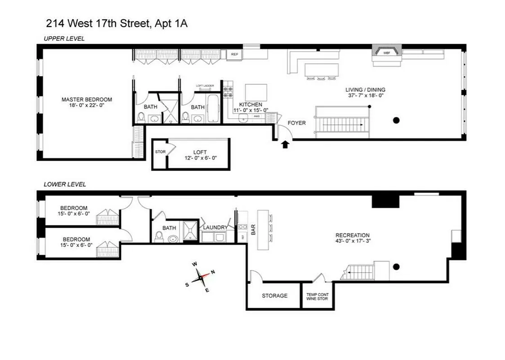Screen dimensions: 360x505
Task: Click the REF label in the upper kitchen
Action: tap(234, 54)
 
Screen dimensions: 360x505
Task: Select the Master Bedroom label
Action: tap(87, 99)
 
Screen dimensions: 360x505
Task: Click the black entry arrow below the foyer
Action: tap(285, 144)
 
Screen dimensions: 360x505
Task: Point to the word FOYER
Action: tap(297, 123)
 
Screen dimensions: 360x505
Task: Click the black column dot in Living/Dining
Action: tap(396, 120)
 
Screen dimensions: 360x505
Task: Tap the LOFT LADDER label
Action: tap(205, 85)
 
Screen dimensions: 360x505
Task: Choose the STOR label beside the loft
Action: tap(160, 152)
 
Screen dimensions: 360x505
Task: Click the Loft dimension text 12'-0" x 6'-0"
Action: tap(199, 158)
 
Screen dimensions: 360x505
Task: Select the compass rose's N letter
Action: tap(213, 272)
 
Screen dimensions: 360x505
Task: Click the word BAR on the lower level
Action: tap(253, 230)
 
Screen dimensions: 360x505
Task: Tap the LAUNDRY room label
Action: tap(215, 227)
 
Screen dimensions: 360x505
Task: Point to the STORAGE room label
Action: tap(274, 296)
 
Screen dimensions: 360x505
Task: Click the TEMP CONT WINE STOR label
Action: tap(317, 296)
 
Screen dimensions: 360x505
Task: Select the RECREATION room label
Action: tap(353, 235)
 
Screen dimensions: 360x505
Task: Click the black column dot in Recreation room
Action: tap(396, 266)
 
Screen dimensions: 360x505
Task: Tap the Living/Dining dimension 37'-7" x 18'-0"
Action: tap(365, 96)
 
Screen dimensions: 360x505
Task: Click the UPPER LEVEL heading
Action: tap(64, 39)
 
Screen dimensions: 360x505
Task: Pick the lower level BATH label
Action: tap(169, 228)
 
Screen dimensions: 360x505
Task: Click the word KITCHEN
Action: tap(250, 104)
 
